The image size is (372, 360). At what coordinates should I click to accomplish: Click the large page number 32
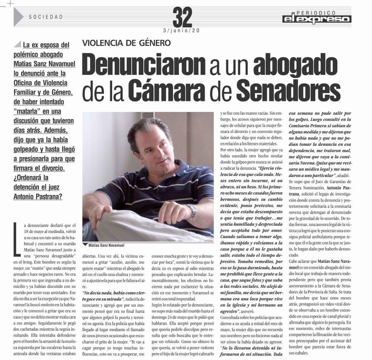182,18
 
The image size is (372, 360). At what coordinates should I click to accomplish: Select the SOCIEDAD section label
46,17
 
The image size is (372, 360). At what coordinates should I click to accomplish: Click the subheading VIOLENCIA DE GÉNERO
127,43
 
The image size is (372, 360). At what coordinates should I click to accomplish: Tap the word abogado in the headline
297,65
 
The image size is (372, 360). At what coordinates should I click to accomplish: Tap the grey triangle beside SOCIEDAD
18,17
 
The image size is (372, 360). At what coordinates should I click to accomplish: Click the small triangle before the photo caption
85,244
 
